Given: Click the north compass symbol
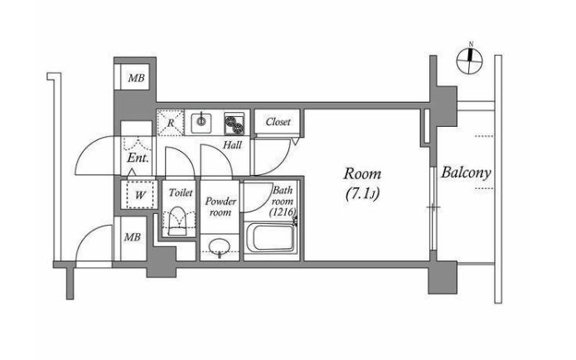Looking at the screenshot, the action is pos(469,61).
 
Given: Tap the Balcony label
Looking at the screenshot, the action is pos(466,173).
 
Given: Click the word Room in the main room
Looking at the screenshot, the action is pos(362,173).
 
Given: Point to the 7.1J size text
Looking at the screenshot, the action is pos(362,194).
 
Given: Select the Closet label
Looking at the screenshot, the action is pos(278,122).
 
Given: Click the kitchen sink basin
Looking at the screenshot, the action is pos(201,123).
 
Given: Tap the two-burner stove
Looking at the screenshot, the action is pos(235,124).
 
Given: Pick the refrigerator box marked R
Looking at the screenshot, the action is pos(171,123).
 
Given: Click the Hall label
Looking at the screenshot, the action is pos(232,145).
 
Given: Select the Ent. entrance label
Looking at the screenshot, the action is pos(138,158).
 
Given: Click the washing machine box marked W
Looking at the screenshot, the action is pos(139,195).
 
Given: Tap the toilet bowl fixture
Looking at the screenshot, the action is pos(177,221).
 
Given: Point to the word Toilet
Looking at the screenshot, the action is pos(181,192).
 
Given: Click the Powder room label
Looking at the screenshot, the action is pos(220,207).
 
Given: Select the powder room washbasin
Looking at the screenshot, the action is pos(220,246).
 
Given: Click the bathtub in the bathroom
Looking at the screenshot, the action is pos(272,237).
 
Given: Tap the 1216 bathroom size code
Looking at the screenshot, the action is pos(283,212).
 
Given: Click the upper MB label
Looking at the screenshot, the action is pos(136,78).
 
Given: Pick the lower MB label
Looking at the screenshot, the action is pos(133,237).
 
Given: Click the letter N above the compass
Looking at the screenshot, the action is pos(471,45).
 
